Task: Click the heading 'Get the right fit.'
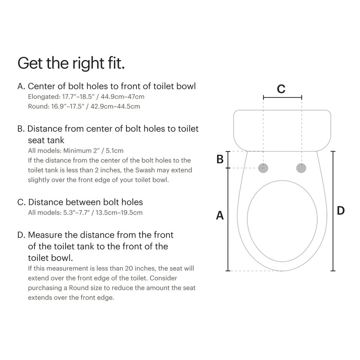pyautogui.click(x=71, y=63)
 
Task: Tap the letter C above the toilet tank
pyautogui.click(x=281, y=89)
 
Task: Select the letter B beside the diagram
pyautogui.click(x=220, y=159)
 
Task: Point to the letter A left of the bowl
pyautogui.click(x=220, y=215)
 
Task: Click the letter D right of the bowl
pyautogui.click(x=340, y=211)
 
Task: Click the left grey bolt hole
pyautogui.click(x=264, y=168)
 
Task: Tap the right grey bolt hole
pyautogui.click(x=301, y=168)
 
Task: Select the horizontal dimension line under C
pyautogui.click(x=282, y=97)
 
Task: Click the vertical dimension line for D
pyautogui.click(x=333, y=211)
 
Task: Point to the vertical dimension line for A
pyautogui.click(x=228, y=219)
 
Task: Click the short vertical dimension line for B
pyautogui.click(x=228, y=159)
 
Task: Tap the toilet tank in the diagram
pyautogui.click(x=282, y=129)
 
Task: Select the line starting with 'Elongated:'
pyautogui.click(x=86, y=96)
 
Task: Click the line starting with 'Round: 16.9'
pyautogui.click(x=84, y=106)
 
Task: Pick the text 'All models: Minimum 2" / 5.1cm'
pyautogui.click(x=76, y=151)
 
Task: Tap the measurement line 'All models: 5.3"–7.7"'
pyautogui.click(x=85, y=213)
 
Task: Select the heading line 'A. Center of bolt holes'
pyautogui.click(x=106, y=86)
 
